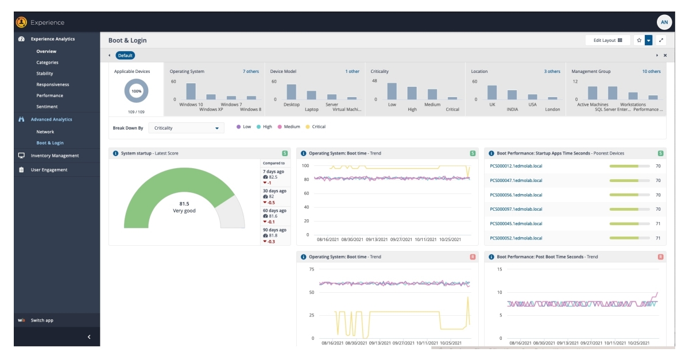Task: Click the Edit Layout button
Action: click(607, 40)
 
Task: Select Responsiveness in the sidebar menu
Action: click(52, 84)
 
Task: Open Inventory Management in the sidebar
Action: click(55, 156)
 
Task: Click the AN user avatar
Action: click(664, 22)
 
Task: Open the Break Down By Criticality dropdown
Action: click(186, 128)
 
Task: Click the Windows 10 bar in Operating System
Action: click(191, 92)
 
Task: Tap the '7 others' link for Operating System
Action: click(250, 72)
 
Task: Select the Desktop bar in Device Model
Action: click(292, 92)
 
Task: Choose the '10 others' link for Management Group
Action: click(651, 72)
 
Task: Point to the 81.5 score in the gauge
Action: click(184, 203)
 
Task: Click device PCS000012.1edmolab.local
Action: click(516, 166)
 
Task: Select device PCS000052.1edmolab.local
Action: click(516, 238)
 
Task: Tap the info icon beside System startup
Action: click(115, 153)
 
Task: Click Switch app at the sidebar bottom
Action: click(42, 320)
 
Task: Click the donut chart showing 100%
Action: click(137, 91)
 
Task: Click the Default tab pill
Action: click(125, 56)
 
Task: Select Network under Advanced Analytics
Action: click(45, 131)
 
